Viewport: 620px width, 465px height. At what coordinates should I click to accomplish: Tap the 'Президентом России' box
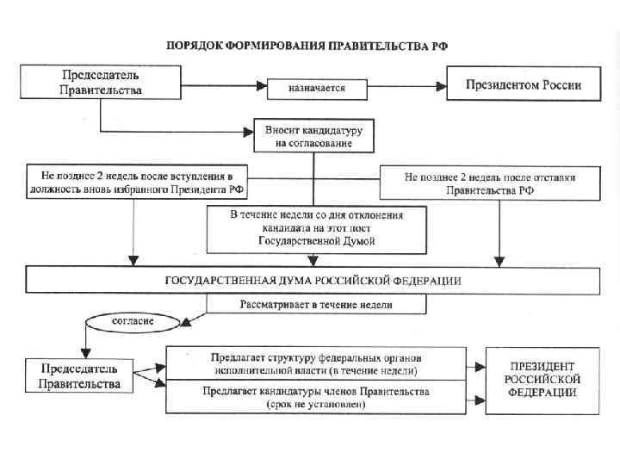[524, 86]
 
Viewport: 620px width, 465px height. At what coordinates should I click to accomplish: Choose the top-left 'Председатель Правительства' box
[101, 83]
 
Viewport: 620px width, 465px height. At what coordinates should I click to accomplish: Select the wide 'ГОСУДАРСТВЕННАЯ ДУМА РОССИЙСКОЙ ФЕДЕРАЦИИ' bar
[312, 281]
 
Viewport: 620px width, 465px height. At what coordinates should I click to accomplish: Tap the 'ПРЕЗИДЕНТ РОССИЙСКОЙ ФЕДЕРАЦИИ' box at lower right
[542, 379]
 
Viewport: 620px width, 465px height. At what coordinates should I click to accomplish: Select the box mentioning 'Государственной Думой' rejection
[316, 228]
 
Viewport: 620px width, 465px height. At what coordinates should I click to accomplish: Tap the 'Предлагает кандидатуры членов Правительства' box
[315, 397]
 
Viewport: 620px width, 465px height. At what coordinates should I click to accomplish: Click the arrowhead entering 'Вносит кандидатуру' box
[252, 132]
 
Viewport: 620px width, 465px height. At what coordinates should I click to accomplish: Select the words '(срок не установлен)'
[315, 404]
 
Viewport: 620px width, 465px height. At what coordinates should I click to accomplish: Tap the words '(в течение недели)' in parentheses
[379, 371]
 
